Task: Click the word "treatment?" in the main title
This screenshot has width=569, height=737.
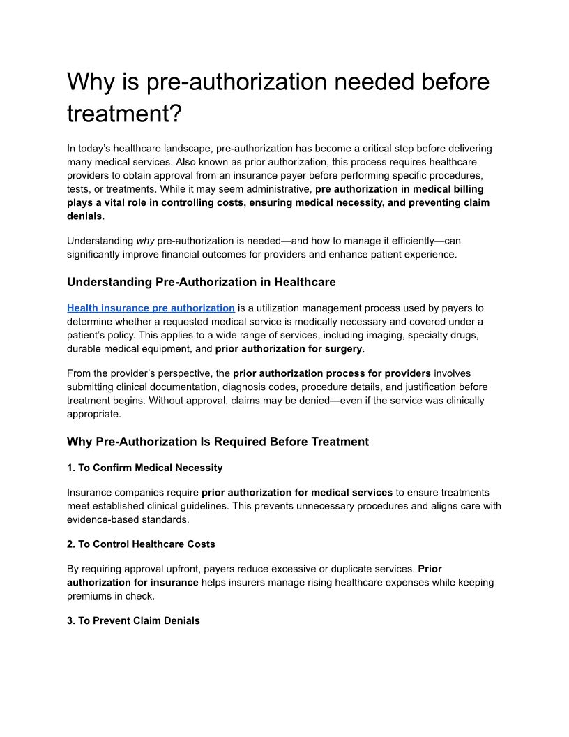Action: [123, 114]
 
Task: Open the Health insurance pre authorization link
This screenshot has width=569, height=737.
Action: [151, 308]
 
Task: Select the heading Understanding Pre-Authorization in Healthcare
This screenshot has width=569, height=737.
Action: [201, 282]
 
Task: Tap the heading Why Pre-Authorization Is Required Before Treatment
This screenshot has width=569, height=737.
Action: [218, 441]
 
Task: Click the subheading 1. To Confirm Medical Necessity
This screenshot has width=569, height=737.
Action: [144, 468]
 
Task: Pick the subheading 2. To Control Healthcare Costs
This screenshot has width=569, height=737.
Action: [141, 544]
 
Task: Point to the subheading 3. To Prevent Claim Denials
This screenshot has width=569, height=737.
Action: [133, 620]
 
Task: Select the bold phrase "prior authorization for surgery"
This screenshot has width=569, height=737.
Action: [289, 348]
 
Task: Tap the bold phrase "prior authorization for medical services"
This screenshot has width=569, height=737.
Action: [297, 493]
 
